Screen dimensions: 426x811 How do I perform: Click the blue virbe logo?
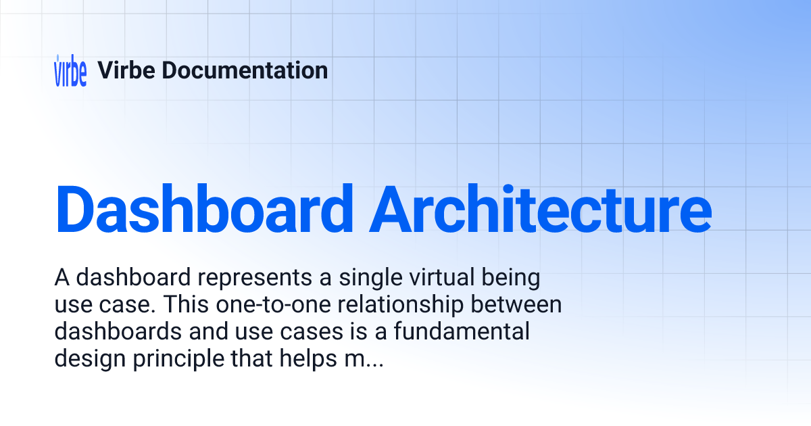tap(70, 70)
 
